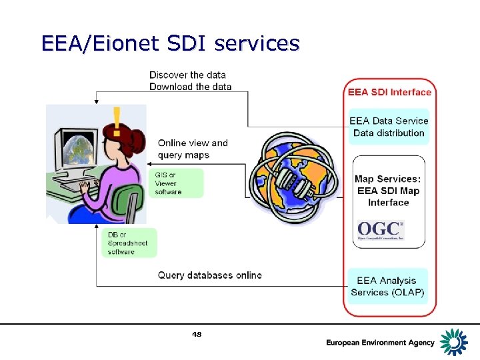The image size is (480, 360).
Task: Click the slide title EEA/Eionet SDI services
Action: pos(170,43)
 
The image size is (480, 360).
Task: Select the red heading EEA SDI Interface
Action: pos(389,92)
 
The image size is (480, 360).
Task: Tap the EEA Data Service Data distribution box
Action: pos(389,127)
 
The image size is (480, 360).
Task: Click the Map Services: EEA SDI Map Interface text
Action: pos(388,191)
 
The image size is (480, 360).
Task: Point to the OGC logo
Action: pos(381,231)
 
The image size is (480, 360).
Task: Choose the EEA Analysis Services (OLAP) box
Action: pos(388,287)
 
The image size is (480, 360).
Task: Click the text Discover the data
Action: pos(187,75)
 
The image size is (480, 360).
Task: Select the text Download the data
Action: pos(190,87)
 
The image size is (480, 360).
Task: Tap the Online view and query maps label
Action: pos(193,149)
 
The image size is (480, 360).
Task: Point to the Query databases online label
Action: pos(209,275)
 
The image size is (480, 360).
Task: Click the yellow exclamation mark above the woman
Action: pos(118,119)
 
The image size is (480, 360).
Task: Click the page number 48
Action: pos(196,334)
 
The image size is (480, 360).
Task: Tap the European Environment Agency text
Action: pos(380,343)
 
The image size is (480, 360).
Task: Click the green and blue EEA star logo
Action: pos(455,341)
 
